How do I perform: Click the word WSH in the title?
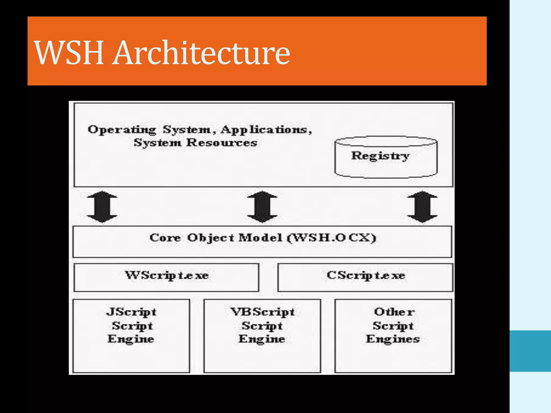click(69, 52)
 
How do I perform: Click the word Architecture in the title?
click(202, 52)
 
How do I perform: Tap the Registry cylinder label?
click(380, 156)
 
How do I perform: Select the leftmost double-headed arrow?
click(102, 207)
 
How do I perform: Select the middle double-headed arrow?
click(262, 207)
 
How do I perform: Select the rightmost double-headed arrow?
click(422, 207)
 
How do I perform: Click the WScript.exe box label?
click(167, 275)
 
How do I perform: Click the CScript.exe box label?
click(366, 275)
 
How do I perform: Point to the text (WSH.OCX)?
click(331, 238)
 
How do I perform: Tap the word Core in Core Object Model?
click(165, 238)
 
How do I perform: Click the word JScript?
click(131, 312)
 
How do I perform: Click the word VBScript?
click(263, 312)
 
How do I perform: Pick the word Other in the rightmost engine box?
click(394, 312)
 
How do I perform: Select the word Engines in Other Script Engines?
click(393, 339)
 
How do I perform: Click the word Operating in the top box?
click(122, 130)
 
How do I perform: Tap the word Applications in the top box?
click(266, 130)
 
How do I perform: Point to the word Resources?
click(222, 143)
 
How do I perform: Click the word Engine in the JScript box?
click(131, 339)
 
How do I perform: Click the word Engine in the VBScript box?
click(262, 339)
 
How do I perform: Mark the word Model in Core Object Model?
click(260, 238)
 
